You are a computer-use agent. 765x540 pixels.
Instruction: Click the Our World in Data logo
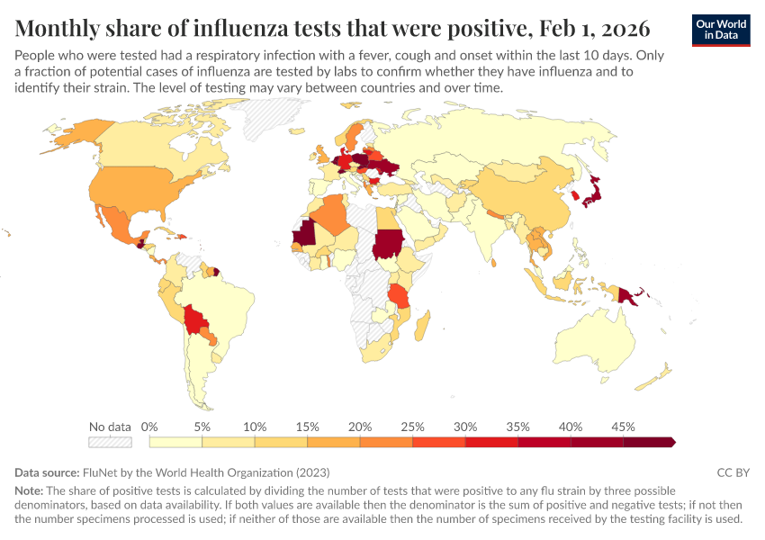pos(720,30)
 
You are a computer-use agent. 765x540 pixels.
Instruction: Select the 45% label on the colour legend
pos(623,426)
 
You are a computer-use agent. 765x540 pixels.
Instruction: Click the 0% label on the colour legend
pos(150,426)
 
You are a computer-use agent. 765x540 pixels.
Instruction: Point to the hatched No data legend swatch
pos(110,442)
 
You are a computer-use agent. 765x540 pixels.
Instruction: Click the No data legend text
pos(110,426)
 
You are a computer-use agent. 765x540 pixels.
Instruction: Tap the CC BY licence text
pos(733,472)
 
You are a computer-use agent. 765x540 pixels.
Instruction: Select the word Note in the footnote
pos(29,491)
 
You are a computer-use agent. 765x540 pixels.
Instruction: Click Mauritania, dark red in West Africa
pos(303,236)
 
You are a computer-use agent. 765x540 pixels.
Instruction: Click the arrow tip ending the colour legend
pos(674,442)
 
